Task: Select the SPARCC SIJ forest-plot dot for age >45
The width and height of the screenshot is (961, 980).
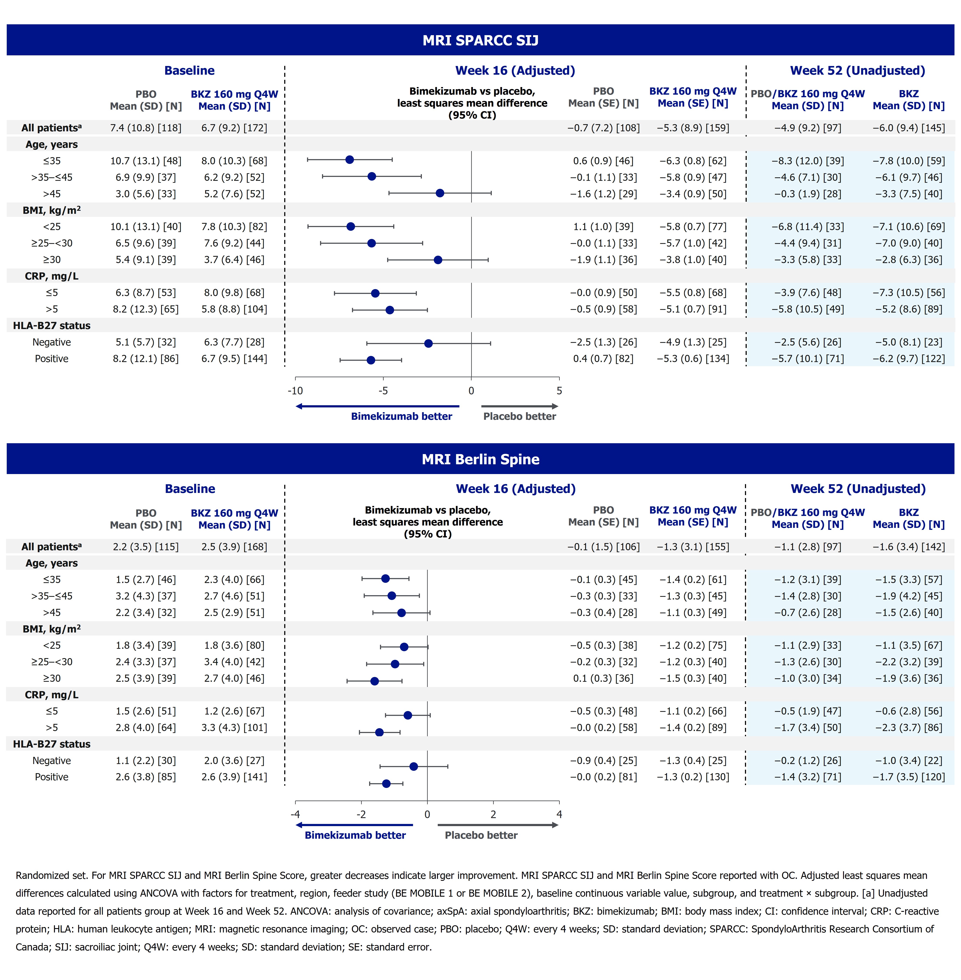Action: [x=440, y=193]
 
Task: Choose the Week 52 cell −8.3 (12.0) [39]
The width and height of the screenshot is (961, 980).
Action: [x=807, y=161]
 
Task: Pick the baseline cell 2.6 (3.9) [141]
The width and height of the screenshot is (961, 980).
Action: [x=234, y=777]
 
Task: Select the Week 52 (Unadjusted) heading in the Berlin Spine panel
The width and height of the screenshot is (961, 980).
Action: [x=858, y=489]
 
